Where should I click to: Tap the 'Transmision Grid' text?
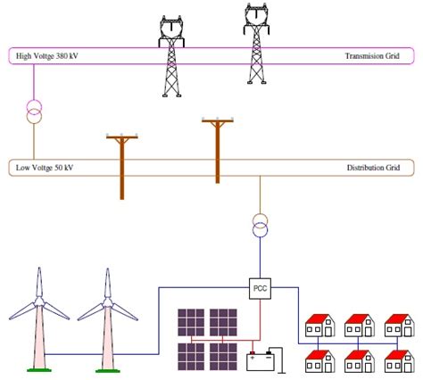tap(372, 57)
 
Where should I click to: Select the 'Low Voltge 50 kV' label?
tap(44, 167)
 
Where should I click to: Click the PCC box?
tap(261, 288)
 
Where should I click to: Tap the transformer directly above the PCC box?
tap(260, 226)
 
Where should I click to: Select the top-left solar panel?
tap(190, 322)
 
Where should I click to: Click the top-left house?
tap(319, 325)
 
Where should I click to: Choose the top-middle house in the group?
tap(358, 325)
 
